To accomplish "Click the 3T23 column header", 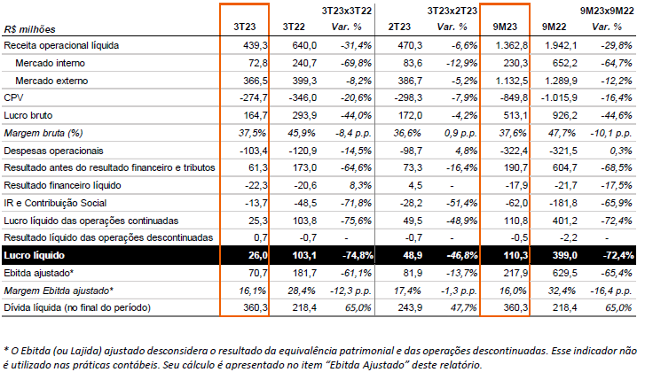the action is (244, 27).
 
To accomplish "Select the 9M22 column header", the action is (554, 27).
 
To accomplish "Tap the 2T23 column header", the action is (399, 27).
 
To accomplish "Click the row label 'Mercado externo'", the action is (51, 81).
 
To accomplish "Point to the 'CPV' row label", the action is (13, 97).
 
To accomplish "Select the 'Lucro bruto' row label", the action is (28, 115).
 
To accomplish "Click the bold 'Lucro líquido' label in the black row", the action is (34, 255).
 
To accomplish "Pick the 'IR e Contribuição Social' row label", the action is (55, 204).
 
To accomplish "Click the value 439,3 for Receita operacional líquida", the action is (255, 45).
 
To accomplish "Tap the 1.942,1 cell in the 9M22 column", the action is (561, 45).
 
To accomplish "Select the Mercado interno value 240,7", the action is (304, 63).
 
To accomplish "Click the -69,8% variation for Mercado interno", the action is (356, 63).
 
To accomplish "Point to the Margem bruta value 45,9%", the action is (302, 133).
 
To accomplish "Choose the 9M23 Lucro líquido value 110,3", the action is (515, 255).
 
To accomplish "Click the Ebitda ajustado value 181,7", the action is (304, 273).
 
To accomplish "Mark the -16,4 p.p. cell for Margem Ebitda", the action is (611, 291).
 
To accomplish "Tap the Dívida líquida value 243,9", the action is (410, 307).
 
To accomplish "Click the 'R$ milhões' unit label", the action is (29, 29).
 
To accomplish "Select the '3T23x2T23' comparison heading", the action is (452, 11).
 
